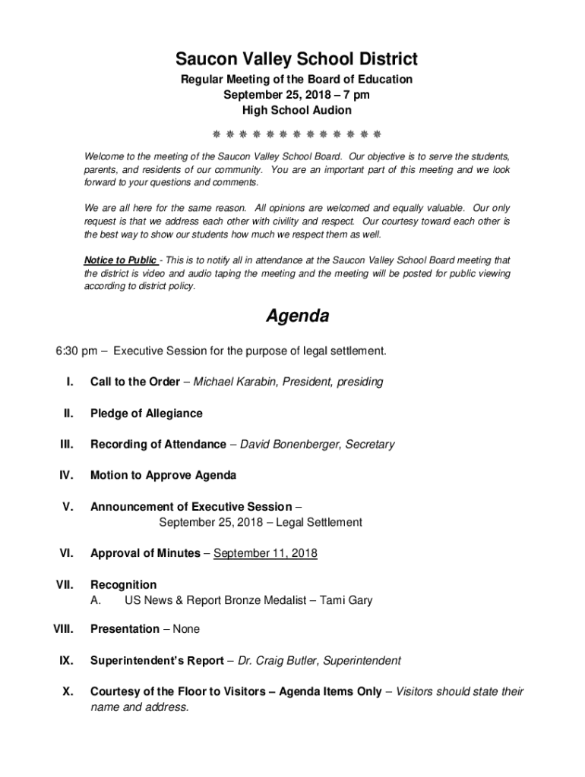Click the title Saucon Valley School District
(x=296, y=58)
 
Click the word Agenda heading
(x=297, y=316)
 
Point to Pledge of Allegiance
(x=147, y=414)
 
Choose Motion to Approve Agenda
(x=163, y=476)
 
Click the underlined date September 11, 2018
(x=265, y=554)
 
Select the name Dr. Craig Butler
(x=277, y=661)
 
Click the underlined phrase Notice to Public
(x=120, y=260)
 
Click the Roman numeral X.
(x=67, y=692)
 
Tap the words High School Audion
(x=296, y=111)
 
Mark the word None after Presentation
(x=186, y=630)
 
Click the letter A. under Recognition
(x=96, y=601)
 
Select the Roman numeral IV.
(x=65, y=476)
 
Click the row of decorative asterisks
(x=296, y=135)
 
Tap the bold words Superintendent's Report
(x=157, y=661)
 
